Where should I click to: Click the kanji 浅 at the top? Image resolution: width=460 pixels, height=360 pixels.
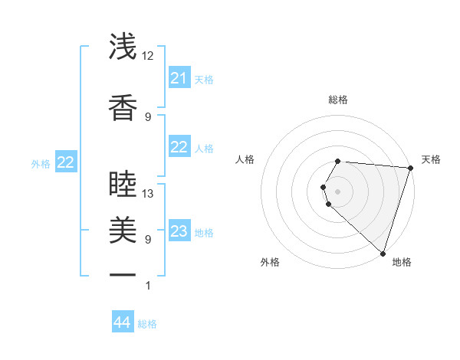123,47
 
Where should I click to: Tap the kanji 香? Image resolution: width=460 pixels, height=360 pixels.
123,108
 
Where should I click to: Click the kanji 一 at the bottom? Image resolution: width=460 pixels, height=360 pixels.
123,274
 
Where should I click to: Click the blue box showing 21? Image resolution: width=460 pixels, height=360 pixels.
179,78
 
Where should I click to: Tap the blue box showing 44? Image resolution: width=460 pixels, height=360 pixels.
123,322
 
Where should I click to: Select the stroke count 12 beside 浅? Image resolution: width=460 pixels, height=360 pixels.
148,55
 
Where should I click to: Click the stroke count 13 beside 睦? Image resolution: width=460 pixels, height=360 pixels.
148,193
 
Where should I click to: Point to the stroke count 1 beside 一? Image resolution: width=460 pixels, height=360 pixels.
148,286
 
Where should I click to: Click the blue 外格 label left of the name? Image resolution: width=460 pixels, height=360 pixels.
41,163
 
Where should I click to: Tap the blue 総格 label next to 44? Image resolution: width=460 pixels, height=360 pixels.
147,324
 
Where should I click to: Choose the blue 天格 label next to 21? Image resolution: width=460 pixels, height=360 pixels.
204,80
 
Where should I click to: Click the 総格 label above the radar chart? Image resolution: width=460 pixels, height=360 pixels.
338,100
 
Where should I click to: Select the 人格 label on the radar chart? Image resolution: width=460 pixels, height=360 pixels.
245,159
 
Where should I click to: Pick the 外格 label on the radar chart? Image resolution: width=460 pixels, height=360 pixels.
270,262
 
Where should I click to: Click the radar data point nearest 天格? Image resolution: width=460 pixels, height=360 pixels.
410,168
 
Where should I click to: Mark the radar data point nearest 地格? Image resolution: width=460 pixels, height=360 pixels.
383,253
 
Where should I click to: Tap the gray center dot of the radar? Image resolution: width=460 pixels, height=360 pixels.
338,190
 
